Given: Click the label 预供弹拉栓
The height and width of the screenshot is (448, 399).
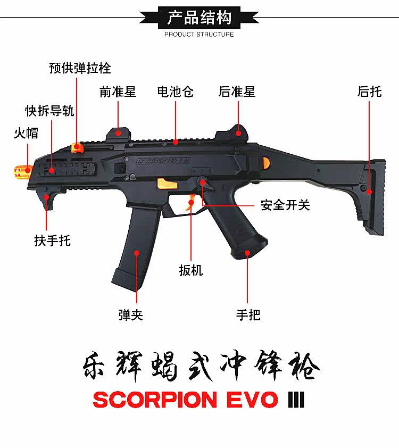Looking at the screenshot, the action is [80, 68].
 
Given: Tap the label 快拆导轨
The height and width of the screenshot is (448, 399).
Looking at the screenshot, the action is [50, 111].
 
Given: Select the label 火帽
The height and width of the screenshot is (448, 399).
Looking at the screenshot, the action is [26, 133].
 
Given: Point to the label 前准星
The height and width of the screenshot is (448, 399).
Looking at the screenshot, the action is [118, 92].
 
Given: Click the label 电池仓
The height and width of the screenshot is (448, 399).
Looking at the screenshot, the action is [175, 92].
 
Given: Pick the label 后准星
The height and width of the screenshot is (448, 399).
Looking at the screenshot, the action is [237, 92].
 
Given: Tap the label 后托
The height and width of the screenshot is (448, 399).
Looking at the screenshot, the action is [369, 92].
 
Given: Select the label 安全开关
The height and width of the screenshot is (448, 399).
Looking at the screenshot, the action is [285, 205].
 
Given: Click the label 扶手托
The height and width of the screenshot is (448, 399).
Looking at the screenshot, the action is [53, 240].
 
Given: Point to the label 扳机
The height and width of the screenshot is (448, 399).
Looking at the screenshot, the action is [191, 270].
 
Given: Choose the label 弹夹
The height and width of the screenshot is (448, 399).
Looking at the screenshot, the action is [130, 315].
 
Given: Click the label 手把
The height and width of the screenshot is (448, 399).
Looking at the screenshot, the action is [248, 315].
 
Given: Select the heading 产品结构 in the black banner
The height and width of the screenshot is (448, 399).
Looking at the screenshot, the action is [199, 18].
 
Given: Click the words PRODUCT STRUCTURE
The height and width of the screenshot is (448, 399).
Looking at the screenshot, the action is [199, 35].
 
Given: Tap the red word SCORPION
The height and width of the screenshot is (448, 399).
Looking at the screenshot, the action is [154, 400].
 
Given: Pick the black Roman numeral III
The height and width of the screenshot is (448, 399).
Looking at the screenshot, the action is [296, 400].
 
